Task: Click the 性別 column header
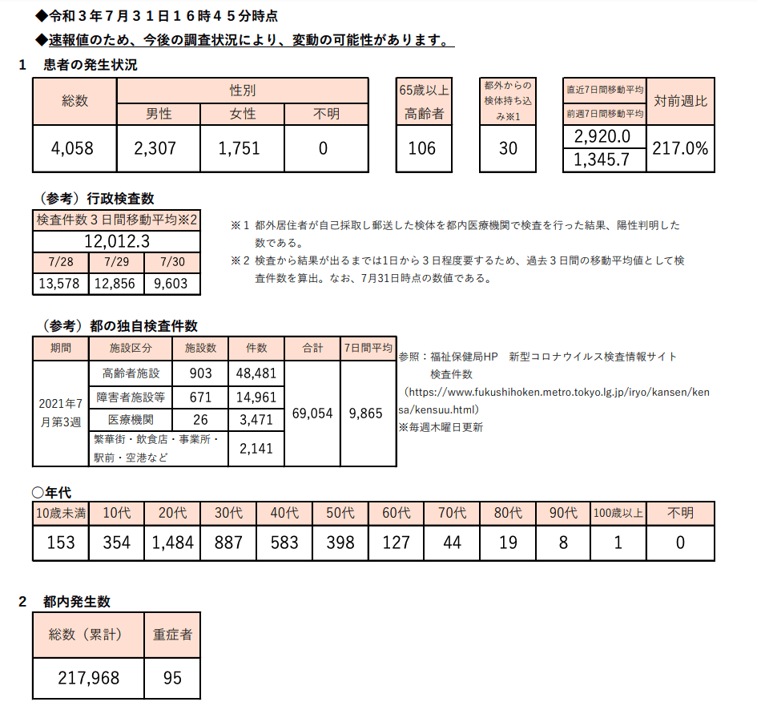(x=243, y=91)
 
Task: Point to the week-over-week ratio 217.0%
(x=680, y=148)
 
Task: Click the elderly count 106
(x=422, y=148)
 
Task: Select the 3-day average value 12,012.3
(x=117, y=241)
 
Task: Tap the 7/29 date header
(x=117, y=263)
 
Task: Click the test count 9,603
(x=172, y=284)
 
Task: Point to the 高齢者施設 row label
(x=131, y=373)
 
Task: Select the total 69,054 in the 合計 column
(x=312, y=413)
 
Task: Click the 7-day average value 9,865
(x=366, y=413)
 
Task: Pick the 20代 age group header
(x=172, y=513)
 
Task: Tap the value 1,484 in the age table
(x=172, y=543)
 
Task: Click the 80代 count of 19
(x=507, y=543)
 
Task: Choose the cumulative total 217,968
(x=89, y=678)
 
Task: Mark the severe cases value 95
(x=172, y=678)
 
